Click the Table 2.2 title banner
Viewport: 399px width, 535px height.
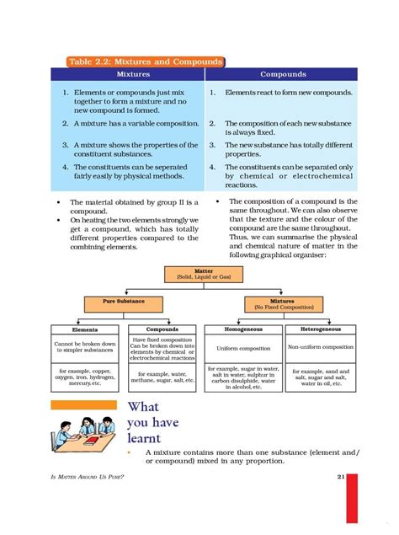[145, 62]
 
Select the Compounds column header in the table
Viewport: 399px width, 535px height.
[283, 74]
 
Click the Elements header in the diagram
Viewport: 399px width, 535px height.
[86, 329]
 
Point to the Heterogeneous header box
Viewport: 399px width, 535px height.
[320, 329]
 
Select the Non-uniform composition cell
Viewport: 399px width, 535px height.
[320, 347]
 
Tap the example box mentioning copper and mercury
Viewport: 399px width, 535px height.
[86, 380]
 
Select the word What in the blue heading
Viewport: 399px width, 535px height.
[143, 408]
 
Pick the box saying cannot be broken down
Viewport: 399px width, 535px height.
[86, 348]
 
